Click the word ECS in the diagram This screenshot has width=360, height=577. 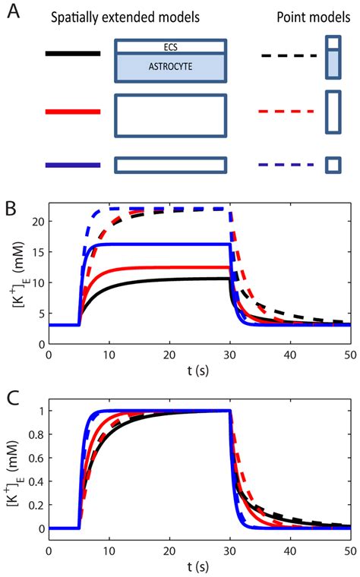tap(170, 46)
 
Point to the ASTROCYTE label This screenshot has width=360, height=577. tap(170, 67)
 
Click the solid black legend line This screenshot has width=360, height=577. tap(72, 54)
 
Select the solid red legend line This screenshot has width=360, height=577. tap(72, 112)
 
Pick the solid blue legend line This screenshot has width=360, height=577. tap(72, 165)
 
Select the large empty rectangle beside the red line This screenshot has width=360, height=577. tap(170, 115)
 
